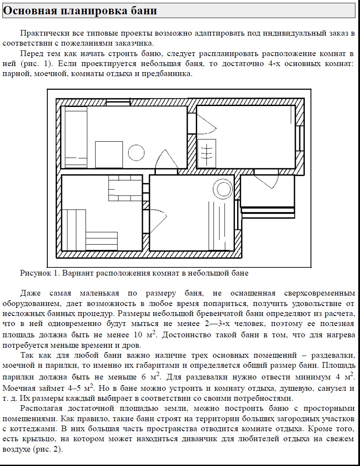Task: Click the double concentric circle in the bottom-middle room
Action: pyautogui.click(x=223, y=190)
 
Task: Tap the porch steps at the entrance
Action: pyautogui.click(x=268, y=211)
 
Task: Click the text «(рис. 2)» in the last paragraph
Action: pyautogui.click(x=47, y=449)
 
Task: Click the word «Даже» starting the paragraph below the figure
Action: pyautogui.click(x=30, y=293)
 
